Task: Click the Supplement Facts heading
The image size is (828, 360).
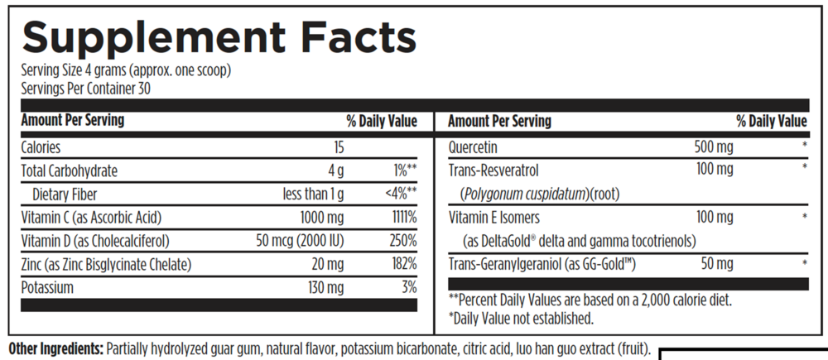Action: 219,39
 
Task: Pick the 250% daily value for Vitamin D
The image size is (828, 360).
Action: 403,242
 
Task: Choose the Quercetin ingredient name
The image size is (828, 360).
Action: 474,148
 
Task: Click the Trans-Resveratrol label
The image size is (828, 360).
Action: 494,171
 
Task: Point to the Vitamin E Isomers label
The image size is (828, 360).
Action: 494,218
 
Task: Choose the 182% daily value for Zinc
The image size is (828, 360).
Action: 403,265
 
